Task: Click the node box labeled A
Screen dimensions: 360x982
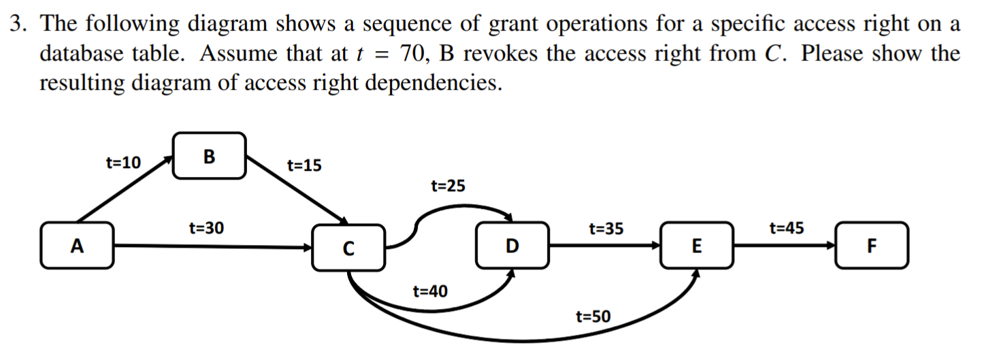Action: coord(78,244)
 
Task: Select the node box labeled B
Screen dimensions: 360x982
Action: coord(209,156)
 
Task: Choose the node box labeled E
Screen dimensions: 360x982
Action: coord(696,245)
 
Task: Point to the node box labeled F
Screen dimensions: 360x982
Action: coord(872,245)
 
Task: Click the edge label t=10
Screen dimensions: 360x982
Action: coord(123,163)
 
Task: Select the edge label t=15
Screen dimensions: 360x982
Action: coord(304,165)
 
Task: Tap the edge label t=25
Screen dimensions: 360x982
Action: coord(448,186)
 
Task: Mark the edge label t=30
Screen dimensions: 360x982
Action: coord(206,229)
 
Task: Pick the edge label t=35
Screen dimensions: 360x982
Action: coord(605,229)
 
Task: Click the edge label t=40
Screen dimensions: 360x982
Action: coord(430,292)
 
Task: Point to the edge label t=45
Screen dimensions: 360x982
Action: coord(786,228)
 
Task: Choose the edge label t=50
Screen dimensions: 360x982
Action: coord(593,316)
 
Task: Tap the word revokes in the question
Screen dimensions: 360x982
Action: coord(500,54)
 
